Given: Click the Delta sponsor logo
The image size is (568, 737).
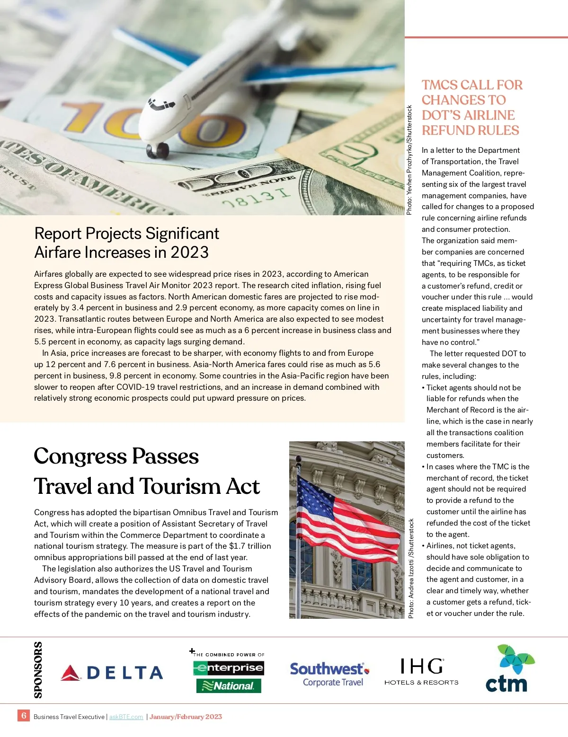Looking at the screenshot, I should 112,673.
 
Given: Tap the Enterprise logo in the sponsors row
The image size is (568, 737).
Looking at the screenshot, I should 229,668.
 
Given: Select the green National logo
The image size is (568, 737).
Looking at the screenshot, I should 229,686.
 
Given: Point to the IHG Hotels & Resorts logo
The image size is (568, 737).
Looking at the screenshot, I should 421,672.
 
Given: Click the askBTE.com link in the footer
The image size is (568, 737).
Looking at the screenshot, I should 126,717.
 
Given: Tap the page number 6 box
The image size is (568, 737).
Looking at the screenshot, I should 24,716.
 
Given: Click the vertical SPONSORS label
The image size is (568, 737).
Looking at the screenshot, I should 38,670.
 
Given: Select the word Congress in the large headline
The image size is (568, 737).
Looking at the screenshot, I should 80,456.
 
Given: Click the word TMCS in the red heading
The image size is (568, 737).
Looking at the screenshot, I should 440,85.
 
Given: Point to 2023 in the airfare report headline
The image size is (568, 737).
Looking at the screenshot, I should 189,252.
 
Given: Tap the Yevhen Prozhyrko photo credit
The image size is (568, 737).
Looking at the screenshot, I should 410,160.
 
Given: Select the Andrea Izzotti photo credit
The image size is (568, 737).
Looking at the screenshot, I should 411,568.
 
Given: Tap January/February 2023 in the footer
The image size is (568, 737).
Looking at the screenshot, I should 186,717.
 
